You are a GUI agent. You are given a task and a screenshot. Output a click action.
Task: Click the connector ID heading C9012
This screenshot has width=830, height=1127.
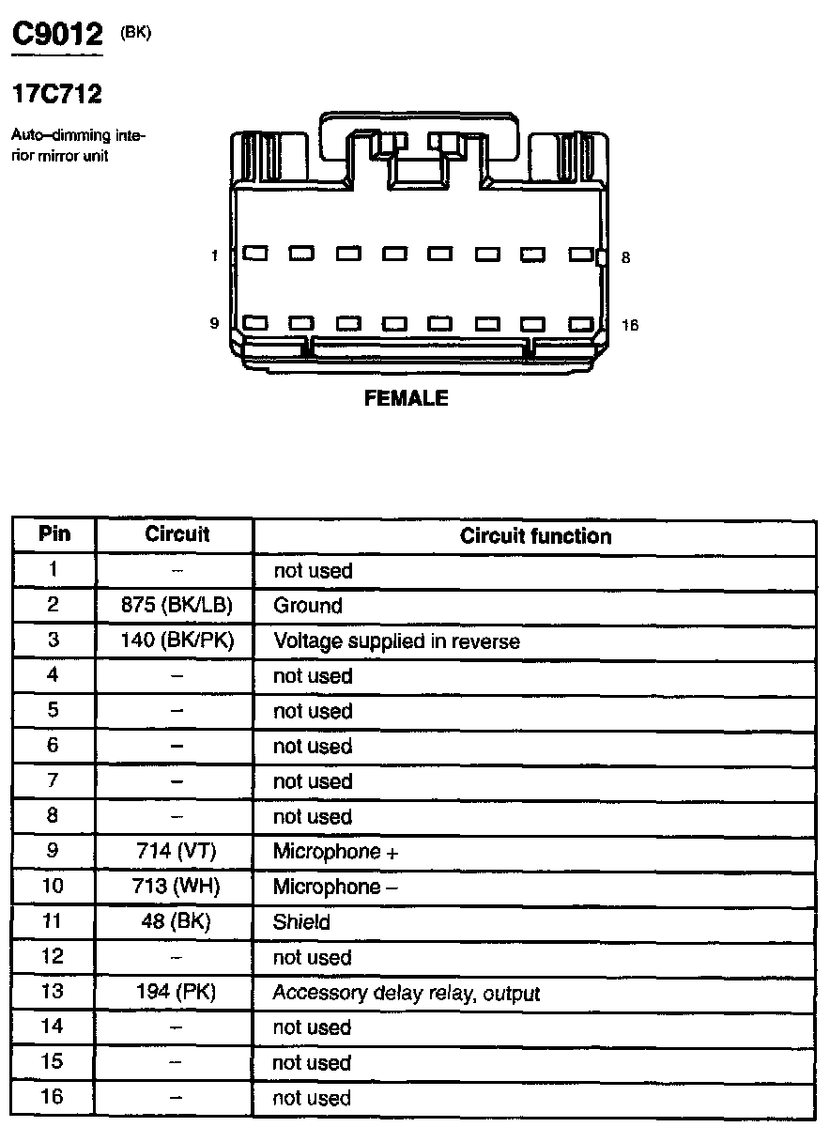(56, 36)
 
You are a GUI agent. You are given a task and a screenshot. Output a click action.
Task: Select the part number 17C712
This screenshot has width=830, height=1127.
(56, 94)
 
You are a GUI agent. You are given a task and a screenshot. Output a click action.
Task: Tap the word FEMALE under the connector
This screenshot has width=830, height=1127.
(406, 398)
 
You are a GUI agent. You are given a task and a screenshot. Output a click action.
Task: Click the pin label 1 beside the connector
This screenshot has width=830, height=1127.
(215, 255)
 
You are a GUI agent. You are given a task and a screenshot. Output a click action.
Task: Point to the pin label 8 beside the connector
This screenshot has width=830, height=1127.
(626, 256)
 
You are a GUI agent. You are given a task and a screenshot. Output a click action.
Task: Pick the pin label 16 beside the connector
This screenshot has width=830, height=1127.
(629, 325)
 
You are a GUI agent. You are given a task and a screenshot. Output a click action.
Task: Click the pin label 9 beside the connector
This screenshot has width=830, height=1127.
(214, 323)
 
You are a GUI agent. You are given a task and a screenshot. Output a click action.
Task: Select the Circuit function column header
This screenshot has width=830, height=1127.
(535, 536)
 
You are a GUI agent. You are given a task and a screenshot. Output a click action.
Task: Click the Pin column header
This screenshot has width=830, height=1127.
(54, 534)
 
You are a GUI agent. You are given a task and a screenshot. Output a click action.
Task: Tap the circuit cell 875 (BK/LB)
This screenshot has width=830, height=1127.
(177, 606)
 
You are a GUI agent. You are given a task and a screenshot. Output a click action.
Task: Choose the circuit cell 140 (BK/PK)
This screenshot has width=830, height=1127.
(177, 641)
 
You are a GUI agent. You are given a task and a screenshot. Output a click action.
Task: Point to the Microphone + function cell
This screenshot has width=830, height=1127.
(335, 852)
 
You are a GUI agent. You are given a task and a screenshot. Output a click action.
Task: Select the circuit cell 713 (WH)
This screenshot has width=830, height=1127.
(177, 887)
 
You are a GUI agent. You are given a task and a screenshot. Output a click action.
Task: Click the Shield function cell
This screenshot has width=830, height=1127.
(301, 922)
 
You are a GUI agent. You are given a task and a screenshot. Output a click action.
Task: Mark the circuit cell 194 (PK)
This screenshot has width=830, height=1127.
(177, 992)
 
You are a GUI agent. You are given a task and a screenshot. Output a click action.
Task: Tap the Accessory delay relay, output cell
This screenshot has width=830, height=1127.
(406, 993)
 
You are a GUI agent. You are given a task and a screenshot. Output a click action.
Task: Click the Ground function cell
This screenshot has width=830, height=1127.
(308, 606)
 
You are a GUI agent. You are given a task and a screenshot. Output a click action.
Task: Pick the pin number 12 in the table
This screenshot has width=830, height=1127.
(53, 957)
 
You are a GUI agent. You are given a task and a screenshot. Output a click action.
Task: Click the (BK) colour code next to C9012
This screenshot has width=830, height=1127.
(135, 34)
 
